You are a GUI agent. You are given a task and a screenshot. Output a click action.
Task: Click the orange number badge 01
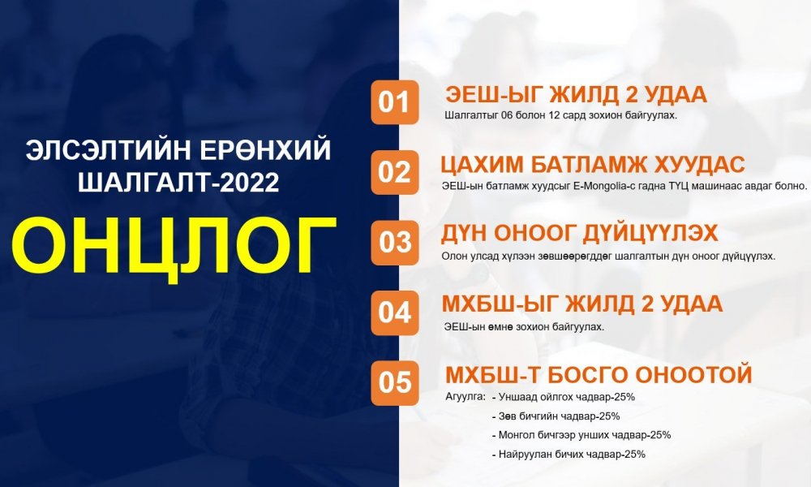[x=395, y=103]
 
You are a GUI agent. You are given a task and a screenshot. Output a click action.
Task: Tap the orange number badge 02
[x=395, y=172]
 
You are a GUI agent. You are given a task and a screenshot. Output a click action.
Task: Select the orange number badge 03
[x=395, y=243]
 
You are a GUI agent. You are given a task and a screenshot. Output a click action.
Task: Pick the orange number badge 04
[x=395, y=312]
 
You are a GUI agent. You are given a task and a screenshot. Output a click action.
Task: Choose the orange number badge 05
[x=395, y=382]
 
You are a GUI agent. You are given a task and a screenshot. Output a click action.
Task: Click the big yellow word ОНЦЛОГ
[x=174, y=244]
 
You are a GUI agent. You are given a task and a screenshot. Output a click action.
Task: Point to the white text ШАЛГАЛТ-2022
[x=178, y=183]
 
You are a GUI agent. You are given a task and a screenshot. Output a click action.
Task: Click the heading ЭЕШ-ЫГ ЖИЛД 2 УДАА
[x=576, y=95]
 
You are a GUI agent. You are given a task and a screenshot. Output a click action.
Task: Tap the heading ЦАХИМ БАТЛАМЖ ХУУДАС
[x=593, y=164]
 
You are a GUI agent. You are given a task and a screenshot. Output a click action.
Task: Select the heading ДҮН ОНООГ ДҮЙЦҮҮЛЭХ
[x=579, y=234]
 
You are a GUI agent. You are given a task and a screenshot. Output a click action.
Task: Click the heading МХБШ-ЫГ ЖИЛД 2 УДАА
[x=582, y=304]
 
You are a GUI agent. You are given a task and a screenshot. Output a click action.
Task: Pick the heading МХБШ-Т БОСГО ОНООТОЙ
[x=599, y=375]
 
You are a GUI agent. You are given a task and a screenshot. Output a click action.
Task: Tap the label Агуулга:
[x=466, y=397]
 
